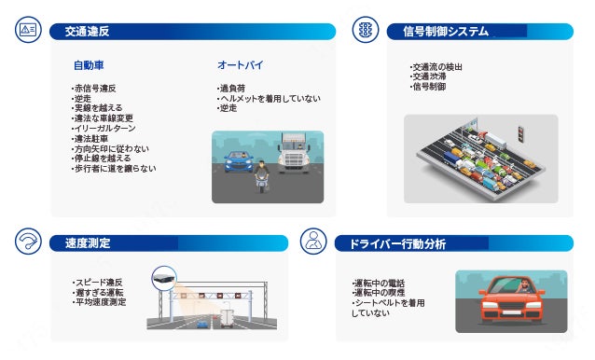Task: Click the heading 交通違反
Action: [x=87, y=32]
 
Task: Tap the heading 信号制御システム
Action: [x=446, y=32]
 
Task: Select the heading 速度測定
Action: [x=88, y=243]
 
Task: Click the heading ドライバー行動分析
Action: [x=397, y=244]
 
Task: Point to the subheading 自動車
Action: [x=89, y=65]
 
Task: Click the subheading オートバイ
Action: [x=241, y=65]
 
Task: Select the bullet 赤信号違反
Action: [x=94, y=89]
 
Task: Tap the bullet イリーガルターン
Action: [x=104, y=128]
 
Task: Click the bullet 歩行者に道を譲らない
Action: [x=114, y=169]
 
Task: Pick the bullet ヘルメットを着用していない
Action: [x=269, y=99]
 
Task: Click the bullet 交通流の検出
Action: [x=436, y=67]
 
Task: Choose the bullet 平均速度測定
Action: [x=100, y=302]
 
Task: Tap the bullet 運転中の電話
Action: [x=379, y=284]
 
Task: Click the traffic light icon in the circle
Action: [x=366, y=30]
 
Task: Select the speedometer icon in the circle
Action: [x=29, y=242]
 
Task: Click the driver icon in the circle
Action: [x=313, y=242]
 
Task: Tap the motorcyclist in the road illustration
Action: [x=261, y=176]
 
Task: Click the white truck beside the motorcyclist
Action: [x=295, y=153]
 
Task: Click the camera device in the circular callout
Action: [x=164, y=278]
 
